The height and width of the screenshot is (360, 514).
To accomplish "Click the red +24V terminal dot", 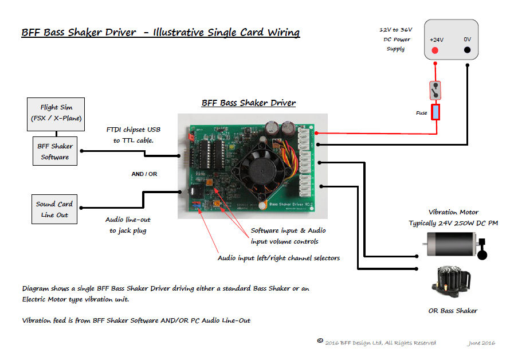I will pyautogui.click(x=435, y=50).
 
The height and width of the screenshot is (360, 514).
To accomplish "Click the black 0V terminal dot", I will pyautogui.click(x=468, y=50).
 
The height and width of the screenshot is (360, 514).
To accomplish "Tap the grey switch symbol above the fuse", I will pyautogui.click(x=436, y=89).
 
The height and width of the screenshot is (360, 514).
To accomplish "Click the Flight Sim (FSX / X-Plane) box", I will pyautogui.click(x=56, y=113).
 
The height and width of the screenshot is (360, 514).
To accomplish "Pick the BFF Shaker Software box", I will pyautogui.click(x=54, y=151).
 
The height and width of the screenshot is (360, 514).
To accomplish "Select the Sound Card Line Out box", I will pyautogui.click(x=54, y=209).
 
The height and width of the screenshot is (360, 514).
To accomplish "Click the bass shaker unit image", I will pyautogui.click(x=453, y=284).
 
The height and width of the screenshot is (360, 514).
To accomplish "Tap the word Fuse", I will pyautogui.click(x=422, y=113).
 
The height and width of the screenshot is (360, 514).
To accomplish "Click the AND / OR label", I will pyautogui.click(x=144, y=174).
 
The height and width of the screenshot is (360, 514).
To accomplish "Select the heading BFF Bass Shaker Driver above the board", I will pyautogui.click(x=248, y=103).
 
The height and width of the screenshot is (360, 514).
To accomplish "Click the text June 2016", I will pyautogui.click(x=480, y=343).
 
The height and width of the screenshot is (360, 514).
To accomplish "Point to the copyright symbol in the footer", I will pyautogui.click(x=320, y=341).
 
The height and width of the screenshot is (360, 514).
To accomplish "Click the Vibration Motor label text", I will pyautogui.click(x=453, y=212).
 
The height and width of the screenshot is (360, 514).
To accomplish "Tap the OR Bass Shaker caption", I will pyautogui.click(x=453, y=311).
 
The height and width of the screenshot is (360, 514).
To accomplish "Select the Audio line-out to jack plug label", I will pyautogui.click(x=128, y=225).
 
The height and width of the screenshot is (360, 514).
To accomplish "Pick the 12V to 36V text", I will pyautogui.click(x=395, y=29).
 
